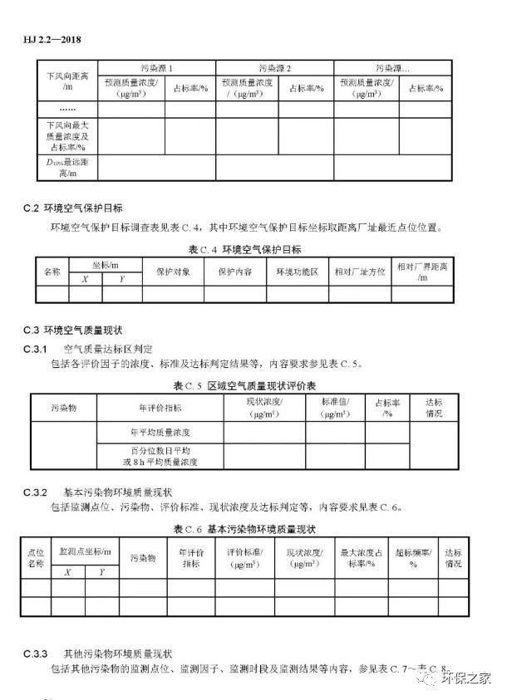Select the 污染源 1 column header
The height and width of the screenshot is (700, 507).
point(157,67)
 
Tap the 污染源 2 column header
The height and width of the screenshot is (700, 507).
point(275,67)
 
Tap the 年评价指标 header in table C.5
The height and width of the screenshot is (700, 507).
point(160,408)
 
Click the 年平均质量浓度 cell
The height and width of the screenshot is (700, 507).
point(160,433)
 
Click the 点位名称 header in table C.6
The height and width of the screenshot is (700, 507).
point(36,557)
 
